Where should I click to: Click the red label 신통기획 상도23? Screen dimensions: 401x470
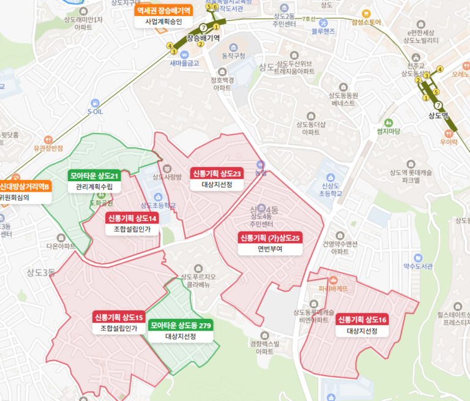217,173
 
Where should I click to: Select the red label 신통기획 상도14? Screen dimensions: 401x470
132,218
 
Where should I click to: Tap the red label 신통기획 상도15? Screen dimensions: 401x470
119,317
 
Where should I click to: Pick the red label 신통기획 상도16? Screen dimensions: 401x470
362,320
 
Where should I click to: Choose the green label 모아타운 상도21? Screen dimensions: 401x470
94,176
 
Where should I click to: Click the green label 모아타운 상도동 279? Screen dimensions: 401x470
181,325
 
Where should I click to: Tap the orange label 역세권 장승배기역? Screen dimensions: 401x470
163,10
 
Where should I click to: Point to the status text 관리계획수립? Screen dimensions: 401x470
94,187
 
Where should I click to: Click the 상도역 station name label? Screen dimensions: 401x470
438,116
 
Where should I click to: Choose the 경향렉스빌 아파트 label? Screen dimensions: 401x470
264,347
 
